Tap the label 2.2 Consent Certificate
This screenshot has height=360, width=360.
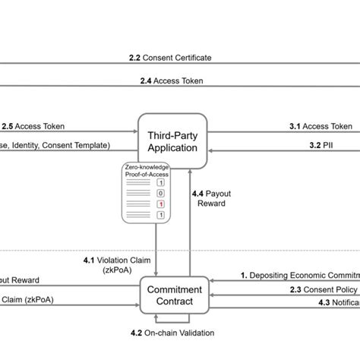(170, 57)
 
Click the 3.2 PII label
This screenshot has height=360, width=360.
(319, 144)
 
